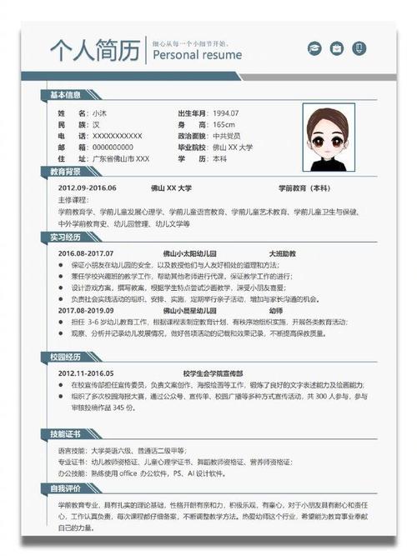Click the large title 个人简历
93,52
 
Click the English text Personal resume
197,55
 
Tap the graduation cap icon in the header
314,48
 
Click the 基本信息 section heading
66,95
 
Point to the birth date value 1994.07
225,113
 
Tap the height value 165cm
224,124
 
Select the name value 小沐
99,113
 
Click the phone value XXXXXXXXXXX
117,135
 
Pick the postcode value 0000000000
113,147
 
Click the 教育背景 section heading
66,172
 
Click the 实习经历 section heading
66,238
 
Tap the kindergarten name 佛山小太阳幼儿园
189,253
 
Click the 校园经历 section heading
66,357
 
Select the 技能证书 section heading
66,434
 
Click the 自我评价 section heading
66,488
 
